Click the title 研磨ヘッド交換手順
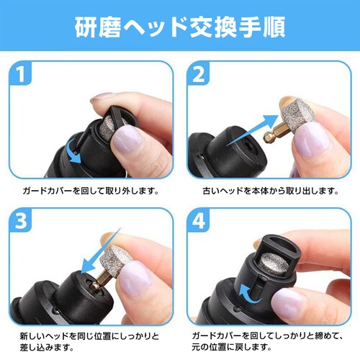click(180, 27)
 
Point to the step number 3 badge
click(21, 220)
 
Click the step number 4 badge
click(198, 220)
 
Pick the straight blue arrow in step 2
click(252, 131)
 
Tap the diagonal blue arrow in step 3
click(101, 251)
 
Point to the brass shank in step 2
click(274, 135)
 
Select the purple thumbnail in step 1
click(127, 140)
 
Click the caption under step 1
click(91, 191)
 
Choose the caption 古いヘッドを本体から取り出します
click(269, 191)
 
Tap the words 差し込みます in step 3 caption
click(45, 347)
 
